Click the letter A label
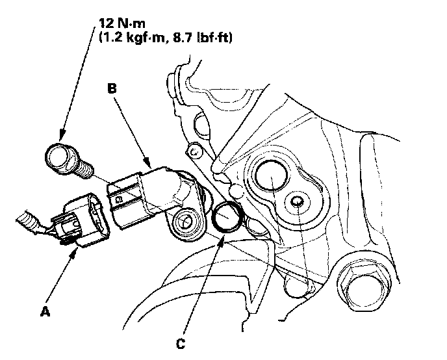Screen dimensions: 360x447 click(45, 313)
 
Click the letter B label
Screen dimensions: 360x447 click(112, 91)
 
